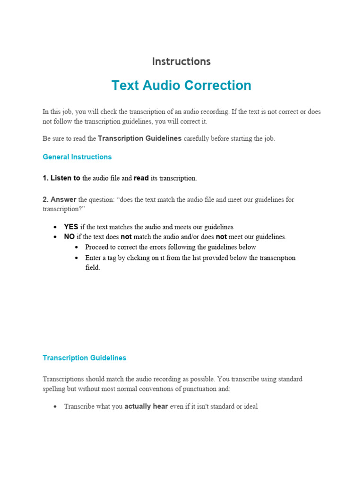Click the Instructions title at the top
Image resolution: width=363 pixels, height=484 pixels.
tap(181, 61)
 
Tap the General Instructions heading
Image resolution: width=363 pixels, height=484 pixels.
tap(77, 157)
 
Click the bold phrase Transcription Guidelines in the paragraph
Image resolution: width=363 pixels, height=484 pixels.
tap(139, 138)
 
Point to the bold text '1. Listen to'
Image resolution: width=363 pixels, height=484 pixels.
tap(61, 178)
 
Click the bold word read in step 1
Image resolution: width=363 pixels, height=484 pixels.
tap(141, 178)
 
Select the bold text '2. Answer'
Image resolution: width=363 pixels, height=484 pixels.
tap(60, 199)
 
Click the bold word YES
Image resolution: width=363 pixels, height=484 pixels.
tap(71, 227)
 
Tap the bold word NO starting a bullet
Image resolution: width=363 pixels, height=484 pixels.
tap(69, 237)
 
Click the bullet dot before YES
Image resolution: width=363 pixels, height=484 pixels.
tap(56, 227)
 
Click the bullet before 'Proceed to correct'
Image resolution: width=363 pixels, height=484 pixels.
tap(77, 247)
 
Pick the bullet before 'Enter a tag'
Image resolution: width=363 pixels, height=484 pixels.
tap(77, 258)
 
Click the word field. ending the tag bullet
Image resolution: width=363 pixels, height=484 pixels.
tap(93, 268)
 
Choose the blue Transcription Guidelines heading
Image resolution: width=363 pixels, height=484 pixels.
tap(85, 358)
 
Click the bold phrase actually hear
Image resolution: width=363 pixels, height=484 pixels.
tap(146, 406)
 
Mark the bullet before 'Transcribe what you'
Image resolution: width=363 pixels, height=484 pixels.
tap(56, 406)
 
